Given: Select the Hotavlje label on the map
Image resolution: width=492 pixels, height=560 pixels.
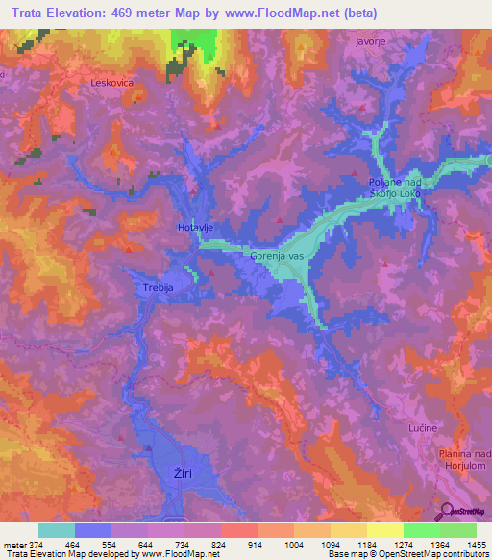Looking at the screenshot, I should tap(195, 227).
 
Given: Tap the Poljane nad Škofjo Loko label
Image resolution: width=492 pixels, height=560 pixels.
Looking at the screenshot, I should tap(396, 188).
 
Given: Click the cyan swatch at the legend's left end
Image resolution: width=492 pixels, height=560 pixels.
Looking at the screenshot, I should tap(57, 530).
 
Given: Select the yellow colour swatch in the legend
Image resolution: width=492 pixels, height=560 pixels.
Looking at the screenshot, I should tap(384, 530).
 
